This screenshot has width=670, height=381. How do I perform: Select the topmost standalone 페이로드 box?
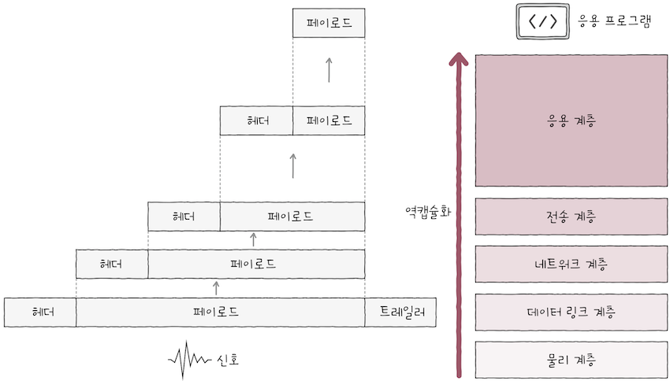coord(329,23)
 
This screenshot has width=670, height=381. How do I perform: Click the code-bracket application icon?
coord(542,22)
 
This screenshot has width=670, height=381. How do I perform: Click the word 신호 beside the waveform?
coord(228,360)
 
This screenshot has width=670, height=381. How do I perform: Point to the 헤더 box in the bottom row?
coord(40,312)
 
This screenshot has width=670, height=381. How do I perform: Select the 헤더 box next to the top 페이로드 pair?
coord(256,120)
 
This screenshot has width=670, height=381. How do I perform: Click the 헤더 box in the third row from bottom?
coord(184,216)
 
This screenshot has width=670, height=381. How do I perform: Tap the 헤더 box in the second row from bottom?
coord(112,264)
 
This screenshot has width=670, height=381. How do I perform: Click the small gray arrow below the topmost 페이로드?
coord(329,69)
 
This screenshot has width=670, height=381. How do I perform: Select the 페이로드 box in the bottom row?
coord(220,312)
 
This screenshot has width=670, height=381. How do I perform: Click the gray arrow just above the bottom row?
coord(217,287)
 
